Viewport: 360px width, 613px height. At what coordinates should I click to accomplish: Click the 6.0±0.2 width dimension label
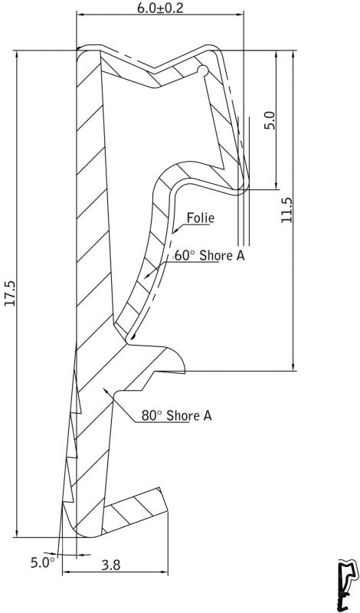160,8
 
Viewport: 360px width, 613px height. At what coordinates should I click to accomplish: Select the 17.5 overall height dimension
10,293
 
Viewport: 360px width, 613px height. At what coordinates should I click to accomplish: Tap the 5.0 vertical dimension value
270,120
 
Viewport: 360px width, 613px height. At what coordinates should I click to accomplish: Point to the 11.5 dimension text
286,210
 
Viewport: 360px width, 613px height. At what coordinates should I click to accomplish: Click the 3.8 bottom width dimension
111,565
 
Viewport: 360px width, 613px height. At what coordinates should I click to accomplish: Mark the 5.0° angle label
43,562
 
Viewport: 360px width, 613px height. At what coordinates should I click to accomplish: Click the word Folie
201,218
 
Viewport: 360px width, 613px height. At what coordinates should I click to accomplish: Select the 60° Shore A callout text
210,255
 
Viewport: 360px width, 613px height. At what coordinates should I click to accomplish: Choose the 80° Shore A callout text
177,415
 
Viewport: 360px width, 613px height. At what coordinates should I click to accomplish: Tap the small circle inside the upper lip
203,70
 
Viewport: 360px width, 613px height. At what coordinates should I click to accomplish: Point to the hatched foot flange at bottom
135,510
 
